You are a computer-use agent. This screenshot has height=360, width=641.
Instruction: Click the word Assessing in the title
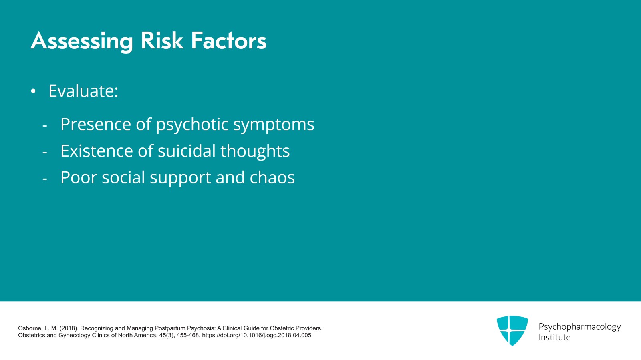81,41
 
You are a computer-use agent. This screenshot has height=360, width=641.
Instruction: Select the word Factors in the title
228,41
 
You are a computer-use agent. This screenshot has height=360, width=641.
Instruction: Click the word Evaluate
83,91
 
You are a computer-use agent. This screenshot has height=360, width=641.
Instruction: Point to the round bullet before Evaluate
33,92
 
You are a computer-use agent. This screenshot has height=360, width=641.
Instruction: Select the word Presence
95,124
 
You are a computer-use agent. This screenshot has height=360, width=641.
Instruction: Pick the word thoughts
255,151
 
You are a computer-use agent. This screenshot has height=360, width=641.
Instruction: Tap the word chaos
272,178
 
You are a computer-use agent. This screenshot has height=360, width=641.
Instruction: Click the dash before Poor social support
45,178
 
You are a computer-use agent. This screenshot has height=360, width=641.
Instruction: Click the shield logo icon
512,330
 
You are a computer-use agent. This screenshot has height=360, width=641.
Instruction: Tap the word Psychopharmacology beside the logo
579,327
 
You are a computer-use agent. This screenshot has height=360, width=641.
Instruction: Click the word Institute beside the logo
554,338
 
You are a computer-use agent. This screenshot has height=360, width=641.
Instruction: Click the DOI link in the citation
256,336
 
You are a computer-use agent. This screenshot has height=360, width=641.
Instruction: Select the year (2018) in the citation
69,328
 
